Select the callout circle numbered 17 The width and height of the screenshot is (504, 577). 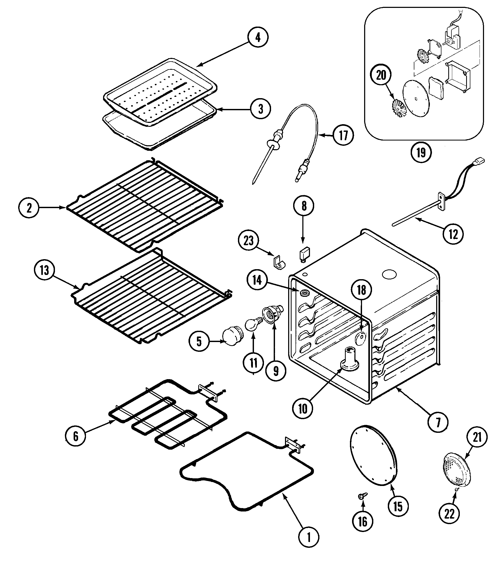pos(343,136)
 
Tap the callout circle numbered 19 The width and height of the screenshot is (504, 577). pos(421,153)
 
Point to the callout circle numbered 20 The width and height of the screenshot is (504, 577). pos(381,75)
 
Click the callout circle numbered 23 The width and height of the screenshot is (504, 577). pos(248,241)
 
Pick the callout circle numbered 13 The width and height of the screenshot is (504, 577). pos(44,270)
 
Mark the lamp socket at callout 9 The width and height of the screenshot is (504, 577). pos(272,315)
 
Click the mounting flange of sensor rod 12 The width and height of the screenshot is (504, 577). pos(442,201)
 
